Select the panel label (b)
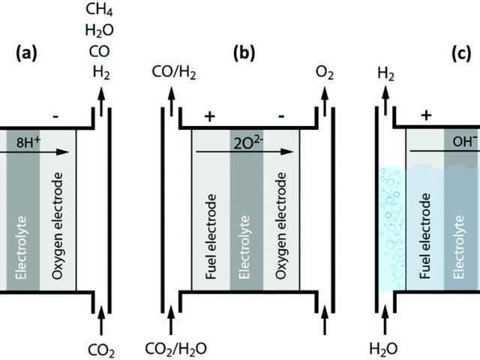pyautogui.click(x=245, y=54)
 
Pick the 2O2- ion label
pyautogui.click(x=245, y=139)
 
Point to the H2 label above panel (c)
pyautogui.click(x=385, y=73)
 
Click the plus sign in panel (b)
pyautogui.click(x=209, y=116)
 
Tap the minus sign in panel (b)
pyautogui.click(x=280, y=116)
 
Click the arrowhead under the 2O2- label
pyautogui.click(x=288, y=151)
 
